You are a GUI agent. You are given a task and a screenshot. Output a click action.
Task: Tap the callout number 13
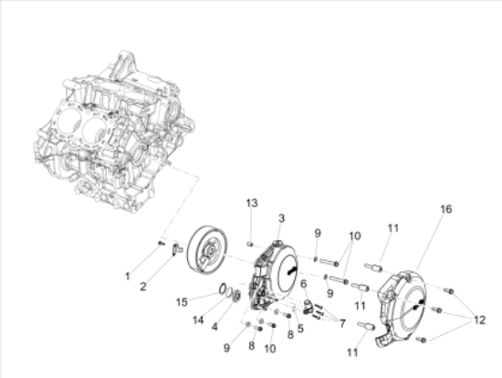(252, 201)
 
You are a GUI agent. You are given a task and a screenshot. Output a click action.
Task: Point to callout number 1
(129, 275)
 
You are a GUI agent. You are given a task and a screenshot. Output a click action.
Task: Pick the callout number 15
(183, 300)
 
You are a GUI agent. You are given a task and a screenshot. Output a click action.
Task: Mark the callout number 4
(214, 327)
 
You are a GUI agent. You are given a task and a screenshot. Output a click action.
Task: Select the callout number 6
(302, 284)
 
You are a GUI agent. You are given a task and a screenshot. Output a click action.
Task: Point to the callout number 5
(300, 329)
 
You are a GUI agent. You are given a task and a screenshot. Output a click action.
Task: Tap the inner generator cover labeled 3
(277, 269)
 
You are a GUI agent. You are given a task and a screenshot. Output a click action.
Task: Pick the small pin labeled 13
(249, 244)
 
